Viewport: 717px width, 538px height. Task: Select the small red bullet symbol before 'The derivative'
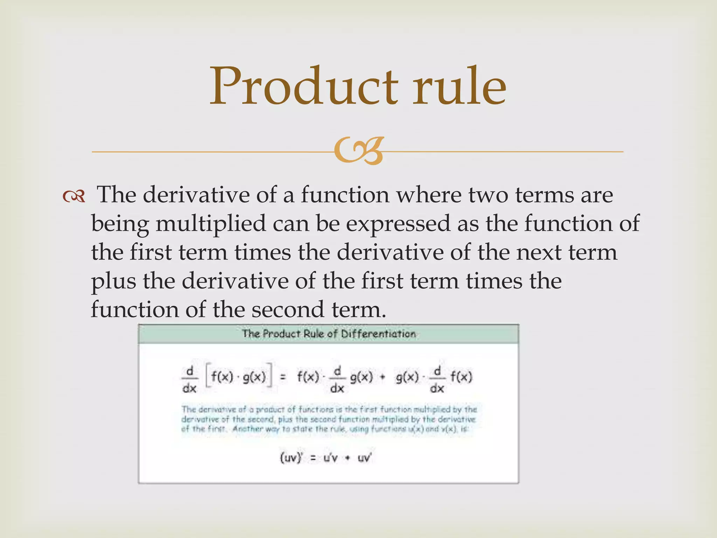click(74, 196)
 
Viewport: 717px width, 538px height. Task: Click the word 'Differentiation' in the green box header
click(378, 334)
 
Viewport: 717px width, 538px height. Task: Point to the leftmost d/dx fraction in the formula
click(189, 380)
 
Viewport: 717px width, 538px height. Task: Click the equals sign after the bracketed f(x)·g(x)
click(283, 378)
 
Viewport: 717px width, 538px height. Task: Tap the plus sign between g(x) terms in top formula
click(382, 378)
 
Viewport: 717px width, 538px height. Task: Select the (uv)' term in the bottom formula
click(291, 458)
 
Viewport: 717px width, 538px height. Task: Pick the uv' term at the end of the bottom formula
click(364, 458)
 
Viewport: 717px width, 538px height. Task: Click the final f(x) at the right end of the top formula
click(461, 377)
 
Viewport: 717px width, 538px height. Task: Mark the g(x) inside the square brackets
click(254, 377)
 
